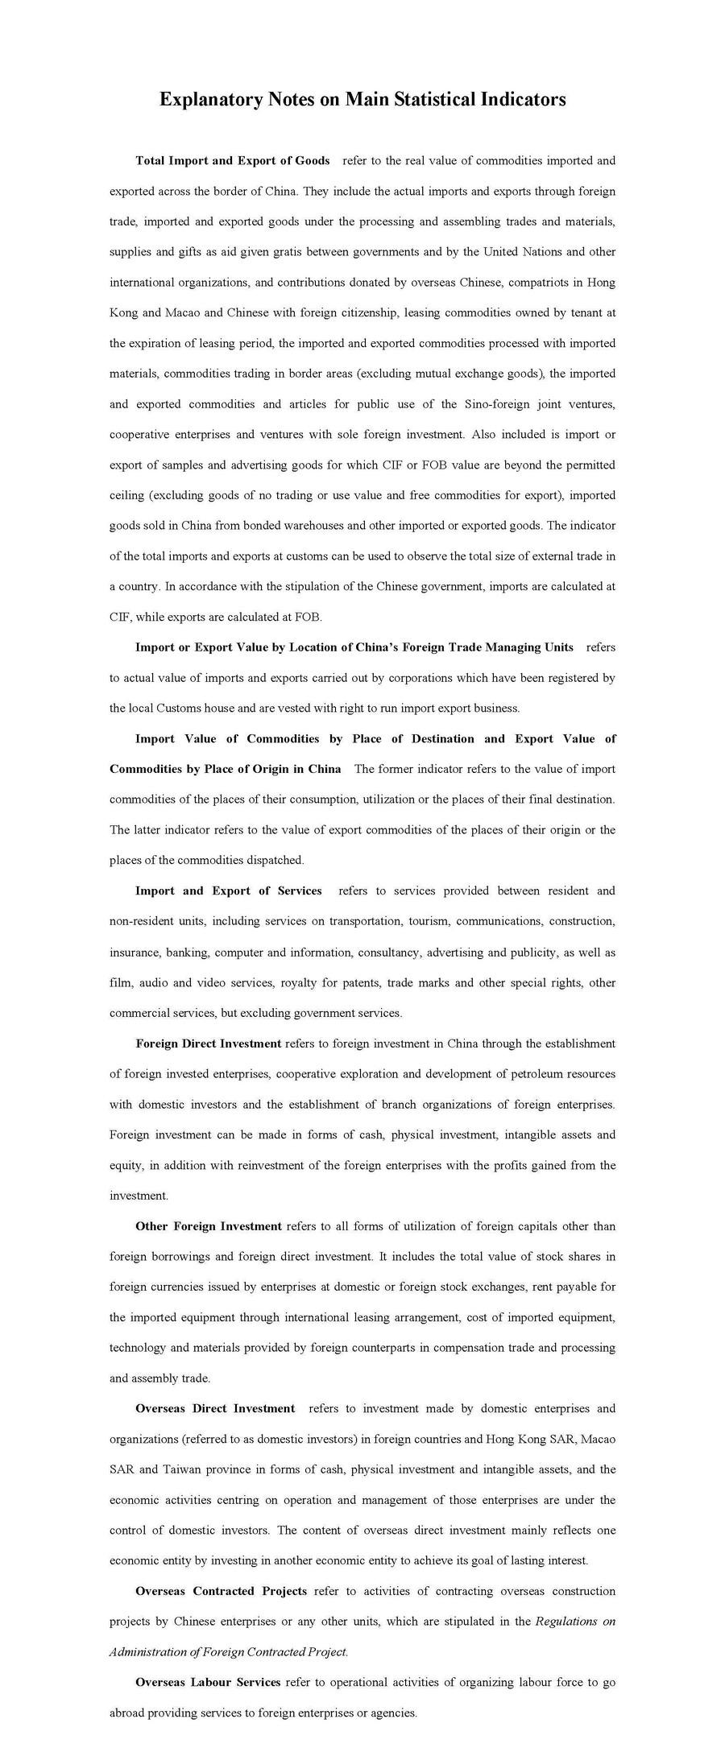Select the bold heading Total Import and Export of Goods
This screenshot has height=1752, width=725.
[232, 161]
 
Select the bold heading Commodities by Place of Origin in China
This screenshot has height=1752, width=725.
[225, 769]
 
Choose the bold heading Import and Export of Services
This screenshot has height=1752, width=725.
[229, 890]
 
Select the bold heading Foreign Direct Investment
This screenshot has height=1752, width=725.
[208, 1043]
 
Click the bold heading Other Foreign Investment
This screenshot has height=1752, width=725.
[208, 1226]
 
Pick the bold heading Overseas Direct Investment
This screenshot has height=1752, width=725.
[215, 1408]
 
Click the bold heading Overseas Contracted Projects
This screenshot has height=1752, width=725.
[221, 1591]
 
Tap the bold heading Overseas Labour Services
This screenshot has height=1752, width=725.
[208, 1682]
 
